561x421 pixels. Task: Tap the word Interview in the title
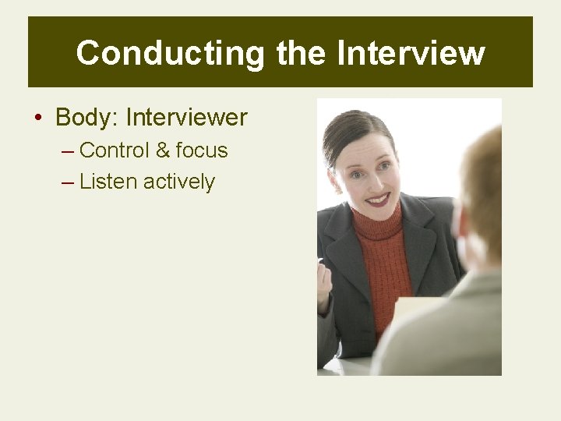click(x=411, y=53)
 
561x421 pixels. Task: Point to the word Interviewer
click(x=186, y=118)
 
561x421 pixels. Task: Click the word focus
click(x=202, y=150)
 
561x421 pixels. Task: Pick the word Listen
click(x=108, y=182)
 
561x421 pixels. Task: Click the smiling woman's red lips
click(x=378, y=199)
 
